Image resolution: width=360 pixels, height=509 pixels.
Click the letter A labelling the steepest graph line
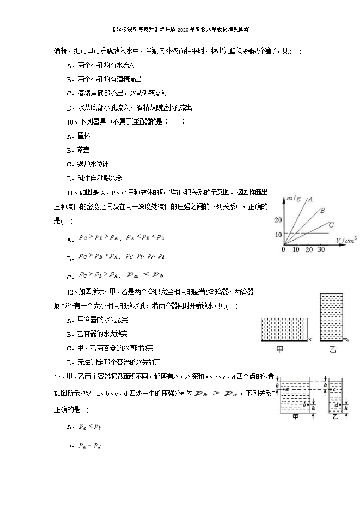coord(310,199)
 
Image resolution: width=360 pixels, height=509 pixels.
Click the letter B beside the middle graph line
coord(322,210)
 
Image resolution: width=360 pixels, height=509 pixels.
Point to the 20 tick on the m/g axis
coord(279,220)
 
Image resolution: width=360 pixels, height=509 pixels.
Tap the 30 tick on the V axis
coord(321,249)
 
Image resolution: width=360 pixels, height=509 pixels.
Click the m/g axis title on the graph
coord(295,197)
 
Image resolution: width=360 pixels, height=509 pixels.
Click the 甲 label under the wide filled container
coord(280,349)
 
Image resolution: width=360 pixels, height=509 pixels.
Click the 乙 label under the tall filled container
coord(333,349)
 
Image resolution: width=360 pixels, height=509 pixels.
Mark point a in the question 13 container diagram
coord(283,390)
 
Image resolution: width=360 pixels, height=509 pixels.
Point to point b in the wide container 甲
coord(307,405)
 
